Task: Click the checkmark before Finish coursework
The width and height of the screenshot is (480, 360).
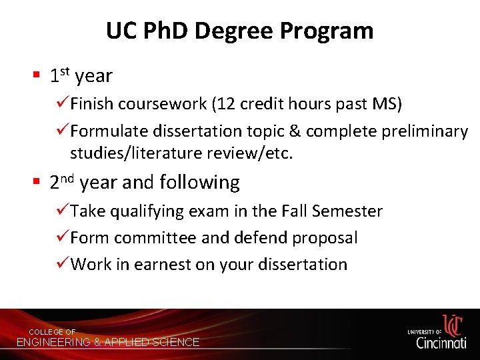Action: coord(63,104)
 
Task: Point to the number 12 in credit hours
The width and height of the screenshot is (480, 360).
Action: coord(227,105)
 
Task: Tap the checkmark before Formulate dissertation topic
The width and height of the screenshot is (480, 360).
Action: coord(63,131)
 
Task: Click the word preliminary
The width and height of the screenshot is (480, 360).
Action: coord(425,131)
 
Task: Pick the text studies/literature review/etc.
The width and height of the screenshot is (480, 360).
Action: coord(181,153)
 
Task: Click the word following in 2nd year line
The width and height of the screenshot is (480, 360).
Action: coord(207,183)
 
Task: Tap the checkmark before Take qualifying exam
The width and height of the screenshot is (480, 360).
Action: coord(63,211)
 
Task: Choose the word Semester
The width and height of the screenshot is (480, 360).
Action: coord(347,211)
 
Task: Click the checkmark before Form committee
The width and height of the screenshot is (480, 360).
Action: coord(63,237)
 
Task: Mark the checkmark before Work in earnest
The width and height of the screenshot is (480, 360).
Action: coord(63,264)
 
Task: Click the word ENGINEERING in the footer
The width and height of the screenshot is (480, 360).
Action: coord(53,342)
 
